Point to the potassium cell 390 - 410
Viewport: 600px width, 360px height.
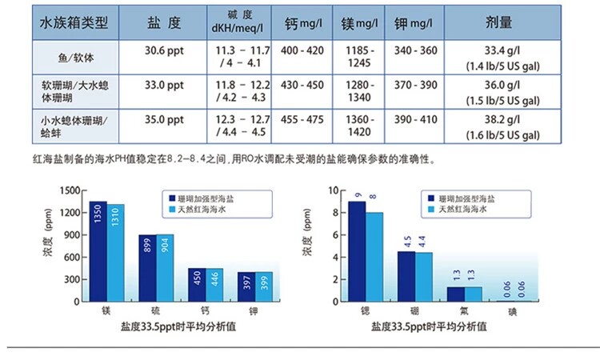click(x=416, y=118)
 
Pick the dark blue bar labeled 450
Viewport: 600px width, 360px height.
click(x=196, y=284)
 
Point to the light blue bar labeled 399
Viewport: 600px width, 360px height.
click(x=263, y=286)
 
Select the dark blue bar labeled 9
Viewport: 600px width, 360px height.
click(x=356, y=250)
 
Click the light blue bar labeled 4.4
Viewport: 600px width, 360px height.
click(x=423, y=276)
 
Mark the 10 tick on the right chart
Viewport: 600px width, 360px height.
click(x=334, y=190)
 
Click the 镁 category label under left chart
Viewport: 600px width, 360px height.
click(x=106, y=309)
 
